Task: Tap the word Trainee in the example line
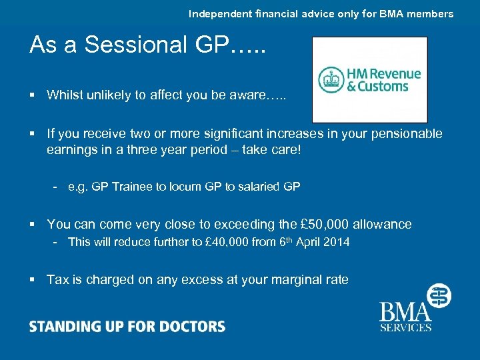[x=132, y=187]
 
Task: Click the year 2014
[x=335, y=242]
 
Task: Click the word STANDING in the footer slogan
[x=63, y=327]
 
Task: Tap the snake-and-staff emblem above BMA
[x=438, y=295]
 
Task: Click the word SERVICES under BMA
[x=405, y=327]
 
